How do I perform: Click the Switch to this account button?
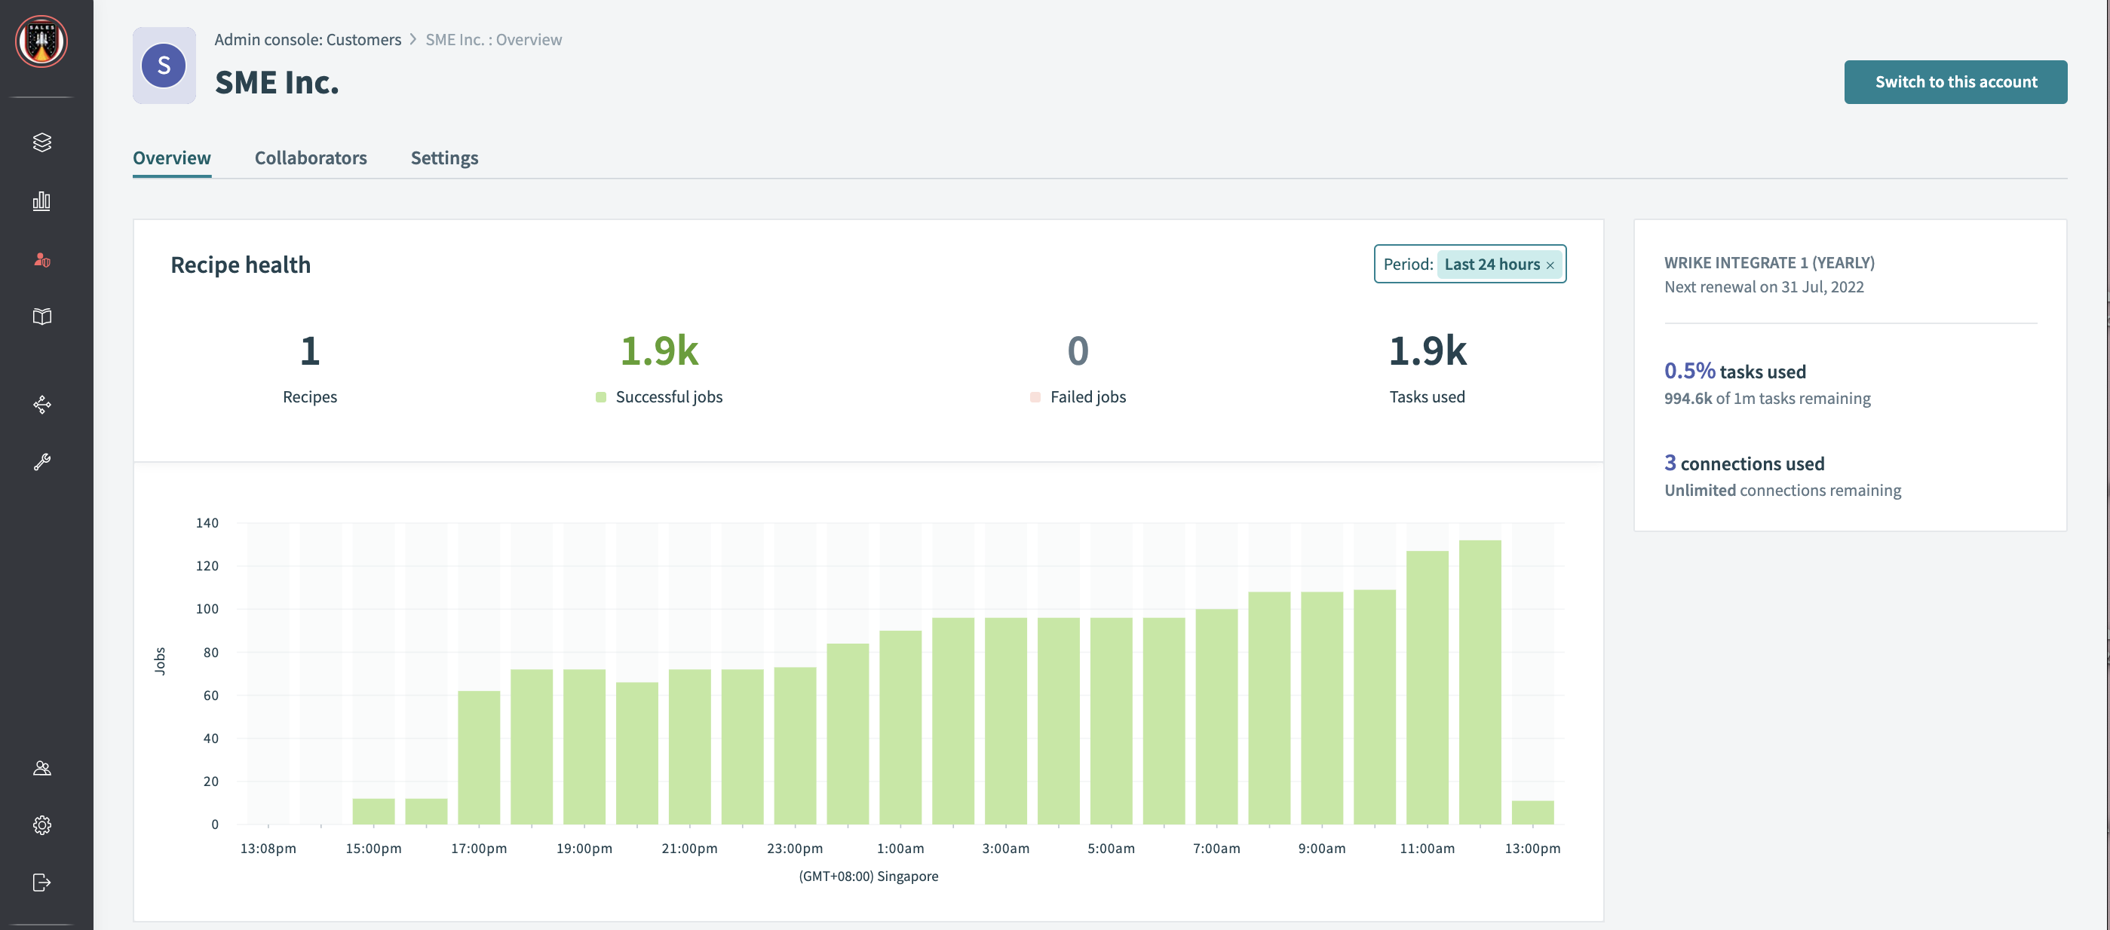click(1955, 82)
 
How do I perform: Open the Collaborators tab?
click(311, 158)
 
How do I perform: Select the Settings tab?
click(444, 158)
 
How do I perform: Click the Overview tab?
click(172, 158)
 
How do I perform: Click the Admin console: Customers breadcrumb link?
click(307, 39)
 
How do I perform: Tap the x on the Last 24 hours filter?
click(1550, 265)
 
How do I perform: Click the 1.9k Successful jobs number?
click(658, 351)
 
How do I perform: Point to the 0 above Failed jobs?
click(1077, 351)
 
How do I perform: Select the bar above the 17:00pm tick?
click(478, 757)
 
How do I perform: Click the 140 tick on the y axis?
click(207, 522)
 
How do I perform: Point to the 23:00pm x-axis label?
click(795, 848)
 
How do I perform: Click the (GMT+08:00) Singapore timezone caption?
click(868, 876)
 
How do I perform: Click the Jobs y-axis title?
click(160, 660)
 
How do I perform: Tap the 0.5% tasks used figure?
click(1689, 371)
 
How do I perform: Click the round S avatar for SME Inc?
click(164, 66)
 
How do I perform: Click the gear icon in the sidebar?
click(41, 824)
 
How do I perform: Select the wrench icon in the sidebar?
click(41, 462)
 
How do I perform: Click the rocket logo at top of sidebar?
click(41, 41)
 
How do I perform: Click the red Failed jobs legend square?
click(1035, 397)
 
